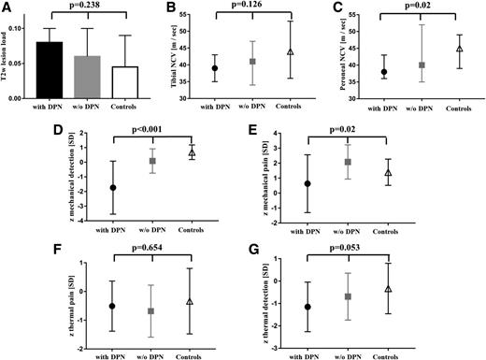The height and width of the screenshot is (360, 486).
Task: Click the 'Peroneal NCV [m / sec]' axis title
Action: coord(334,56)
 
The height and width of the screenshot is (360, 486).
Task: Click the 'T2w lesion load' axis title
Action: coord(10,56)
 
